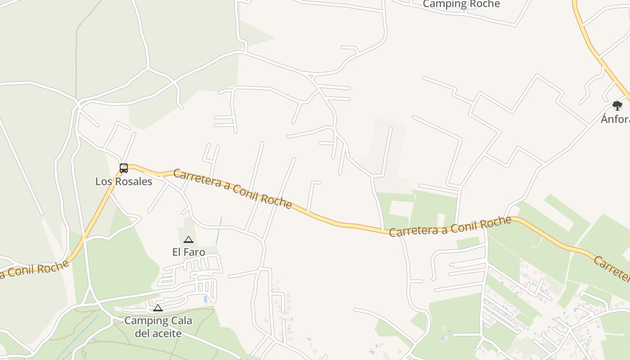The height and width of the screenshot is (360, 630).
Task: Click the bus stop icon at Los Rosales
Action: (124, 168)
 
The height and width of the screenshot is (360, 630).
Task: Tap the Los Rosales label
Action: (124, 181)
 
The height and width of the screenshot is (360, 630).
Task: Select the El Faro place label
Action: (189, 252)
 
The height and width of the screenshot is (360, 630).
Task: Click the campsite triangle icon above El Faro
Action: (189, 240)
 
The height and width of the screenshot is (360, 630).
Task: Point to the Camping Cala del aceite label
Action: (158, 327)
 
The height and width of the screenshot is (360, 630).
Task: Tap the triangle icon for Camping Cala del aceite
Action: (157, 308)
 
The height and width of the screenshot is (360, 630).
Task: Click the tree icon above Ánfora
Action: (617, 106)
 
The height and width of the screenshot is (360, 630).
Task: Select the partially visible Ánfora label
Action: (616, 119)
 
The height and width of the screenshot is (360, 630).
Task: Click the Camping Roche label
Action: (461, 4)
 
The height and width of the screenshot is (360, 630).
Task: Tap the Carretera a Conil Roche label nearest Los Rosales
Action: (232, 189)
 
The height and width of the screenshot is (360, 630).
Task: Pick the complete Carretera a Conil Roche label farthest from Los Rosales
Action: (450, 226)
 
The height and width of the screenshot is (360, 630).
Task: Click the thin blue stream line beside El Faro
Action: (219, 230)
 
